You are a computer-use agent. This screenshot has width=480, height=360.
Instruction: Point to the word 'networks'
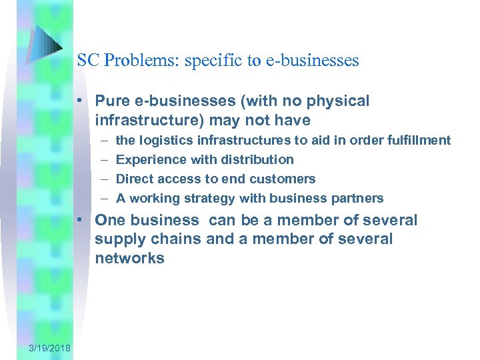[x=129, y=259]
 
